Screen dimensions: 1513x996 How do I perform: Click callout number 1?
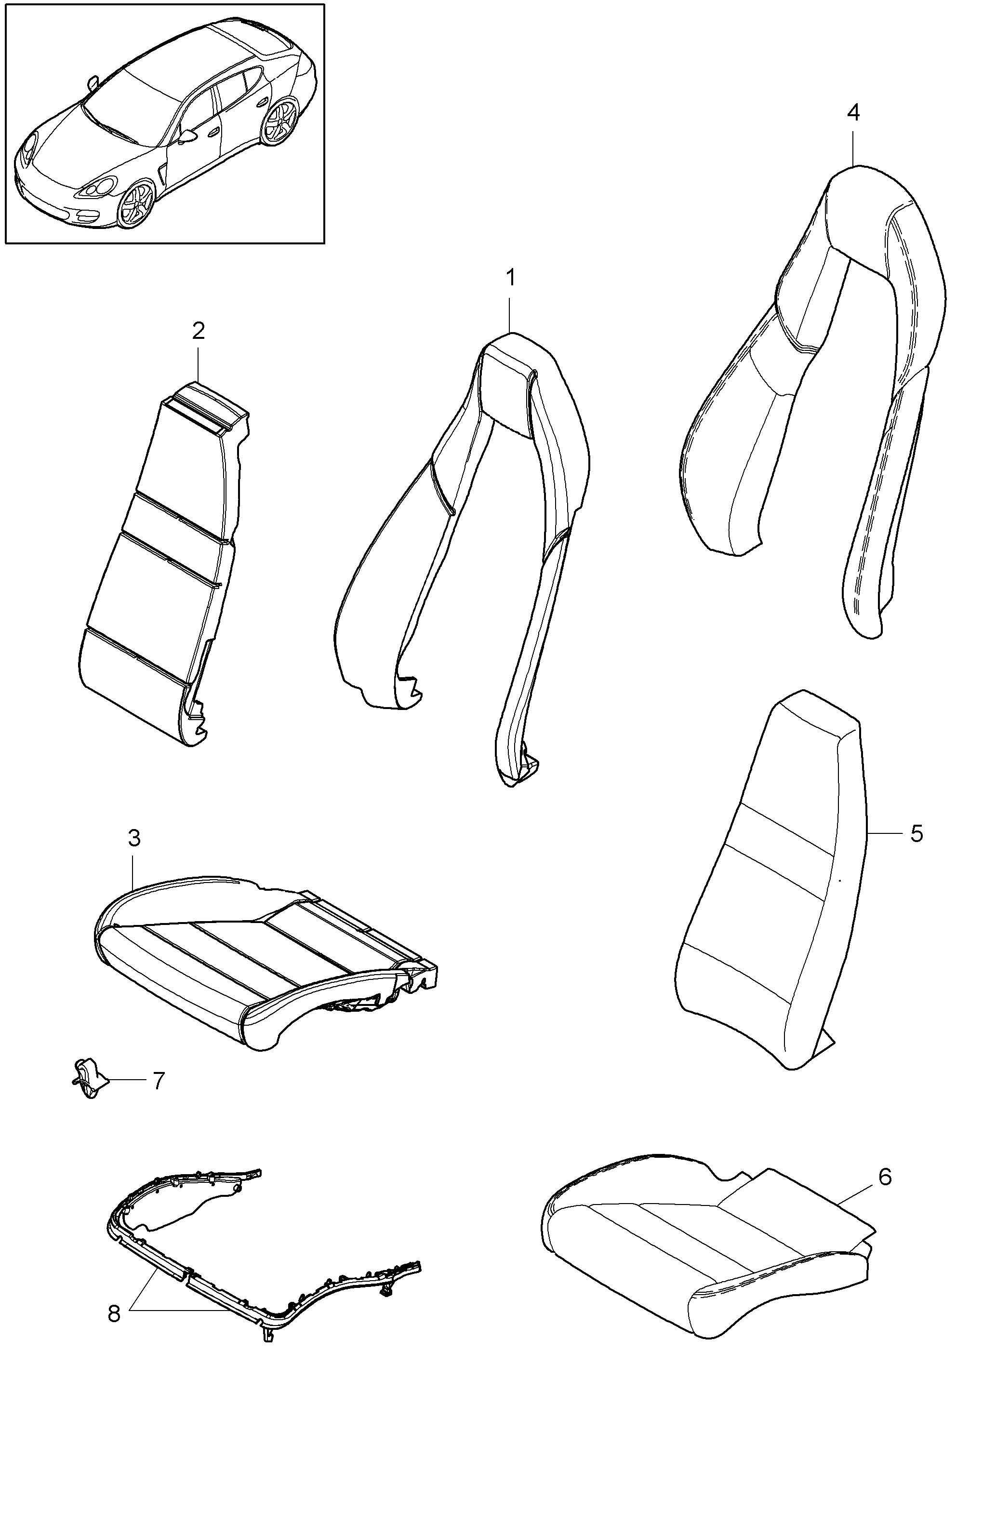click(x=510, y=278)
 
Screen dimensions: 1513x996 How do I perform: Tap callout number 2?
click(x=199, y=331)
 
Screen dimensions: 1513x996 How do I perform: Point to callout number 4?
click(x=853, y=112)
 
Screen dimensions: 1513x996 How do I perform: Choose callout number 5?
click(x=916, y=833)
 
